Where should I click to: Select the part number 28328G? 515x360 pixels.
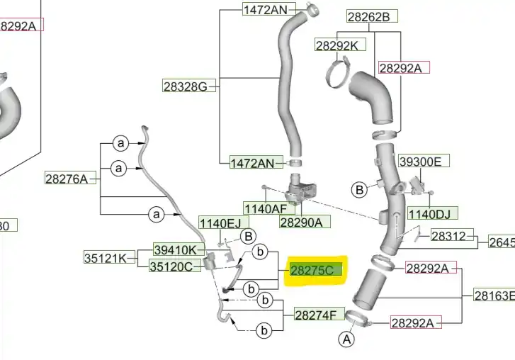coord(186,86)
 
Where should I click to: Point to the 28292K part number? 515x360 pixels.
coord(341,45)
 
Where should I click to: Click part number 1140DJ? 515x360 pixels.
coord(432,213)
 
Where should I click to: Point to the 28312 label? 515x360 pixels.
coord(449,236)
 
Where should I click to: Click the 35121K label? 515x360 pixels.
coord(105,258)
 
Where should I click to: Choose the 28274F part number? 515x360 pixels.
coord(319,314)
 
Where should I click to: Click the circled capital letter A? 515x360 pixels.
coord(347,340)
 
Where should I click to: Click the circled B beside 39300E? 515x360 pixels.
coord(360,189)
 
